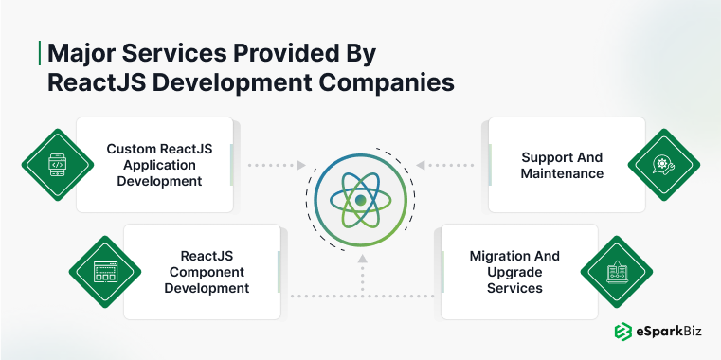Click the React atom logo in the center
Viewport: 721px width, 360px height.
pos(360,200)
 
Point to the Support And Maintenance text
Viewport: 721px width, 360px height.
pos(562,165)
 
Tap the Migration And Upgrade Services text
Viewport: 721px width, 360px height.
pos(514,272)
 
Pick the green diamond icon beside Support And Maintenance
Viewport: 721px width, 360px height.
pos(661,165)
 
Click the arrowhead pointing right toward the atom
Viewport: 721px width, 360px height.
pos(301,165)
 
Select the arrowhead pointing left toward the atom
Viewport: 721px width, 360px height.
pos(420,165)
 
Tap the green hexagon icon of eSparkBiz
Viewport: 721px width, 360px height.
pos(622,331)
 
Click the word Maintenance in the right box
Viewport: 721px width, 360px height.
pos(562,174)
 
